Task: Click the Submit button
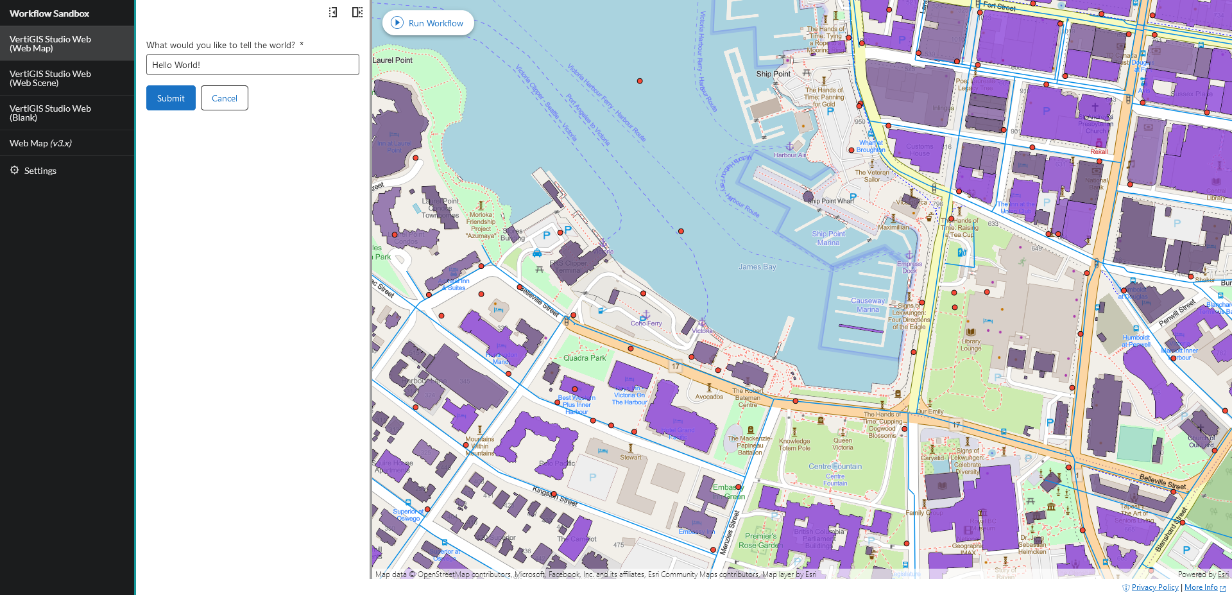click(x=171, y=98)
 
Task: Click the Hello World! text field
click(x=252, y=65)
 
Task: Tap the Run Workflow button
click(x=428, y=23)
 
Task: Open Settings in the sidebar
click(x=40, y=171)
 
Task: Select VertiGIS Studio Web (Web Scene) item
click(x=50, y=78)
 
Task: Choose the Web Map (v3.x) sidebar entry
click(x=40, y=143)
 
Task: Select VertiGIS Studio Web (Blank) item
click(x=50, y=113)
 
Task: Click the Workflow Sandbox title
click(x=49, y=13)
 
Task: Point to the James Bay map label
click(x=757, y=267)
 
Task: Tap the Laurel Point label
click(x=392, y=60)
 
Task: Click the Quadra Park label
click(x=585, y=358)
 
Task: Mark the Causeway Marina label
click(x=868, y=305)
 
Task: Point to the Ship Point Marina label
click(x=828, y=238)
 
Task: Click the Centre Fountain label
click(x=835, y=467)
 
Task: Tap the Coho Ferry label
click(x=646, y=323)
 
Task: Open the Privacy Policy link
click(x=1155, y=587)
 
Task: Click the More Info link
click(x=1201, y=587)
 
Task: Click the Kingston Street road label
click(x=555, y=496)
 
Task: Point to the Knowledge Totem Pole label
click(x=794, y=444)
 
